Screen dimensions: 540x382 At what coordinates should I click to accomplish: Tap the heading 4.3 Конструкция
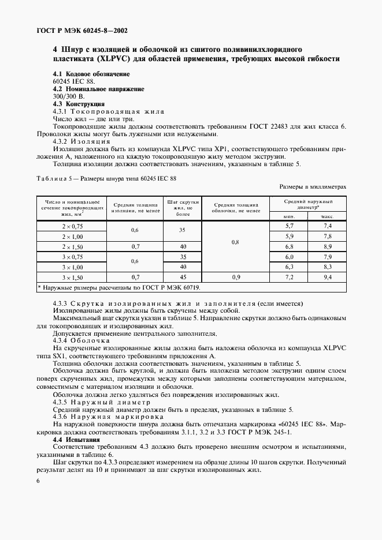[x=79, y=104]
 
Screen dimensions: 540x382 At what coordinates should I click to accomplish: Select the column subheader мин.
[x=290, y=216]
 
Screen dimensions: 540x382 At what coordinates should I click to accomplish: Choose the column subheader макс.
[x=327, y=216]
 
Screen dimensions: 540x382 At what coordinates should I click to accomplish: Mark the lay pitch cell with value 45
[x=182, y=277]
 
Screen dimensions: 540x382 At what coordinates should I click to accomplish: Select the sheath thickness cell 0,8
[x=235, y=242]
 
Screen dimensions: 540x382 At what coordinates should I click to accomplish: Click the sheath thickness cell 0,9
[x=235, y=277]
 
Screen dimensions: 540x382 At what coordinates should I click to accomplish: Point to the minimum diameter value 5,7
[x=290, y=226]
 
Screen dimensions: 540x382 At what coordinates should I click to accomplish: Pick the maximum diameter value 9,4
[x=327, y=277]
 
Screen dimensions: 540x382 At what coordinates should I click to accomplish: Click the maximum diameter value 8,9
[x=327, y=246]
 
